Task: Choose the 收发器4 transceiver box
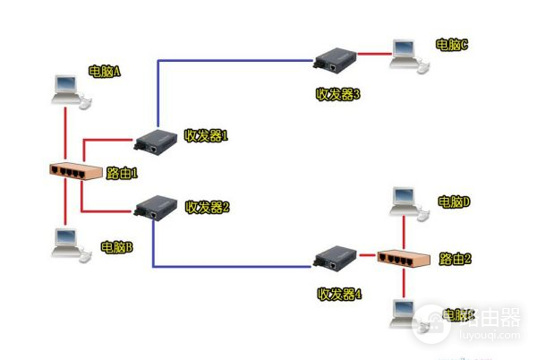336,261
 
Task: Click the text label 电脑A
104,72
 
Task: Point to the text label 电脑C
452,44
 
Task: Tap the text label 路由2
456,260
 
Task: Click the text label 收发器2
208,207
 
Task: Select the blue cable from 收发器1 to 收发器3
233,61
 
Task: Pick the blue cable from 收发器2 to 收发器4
233,266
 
